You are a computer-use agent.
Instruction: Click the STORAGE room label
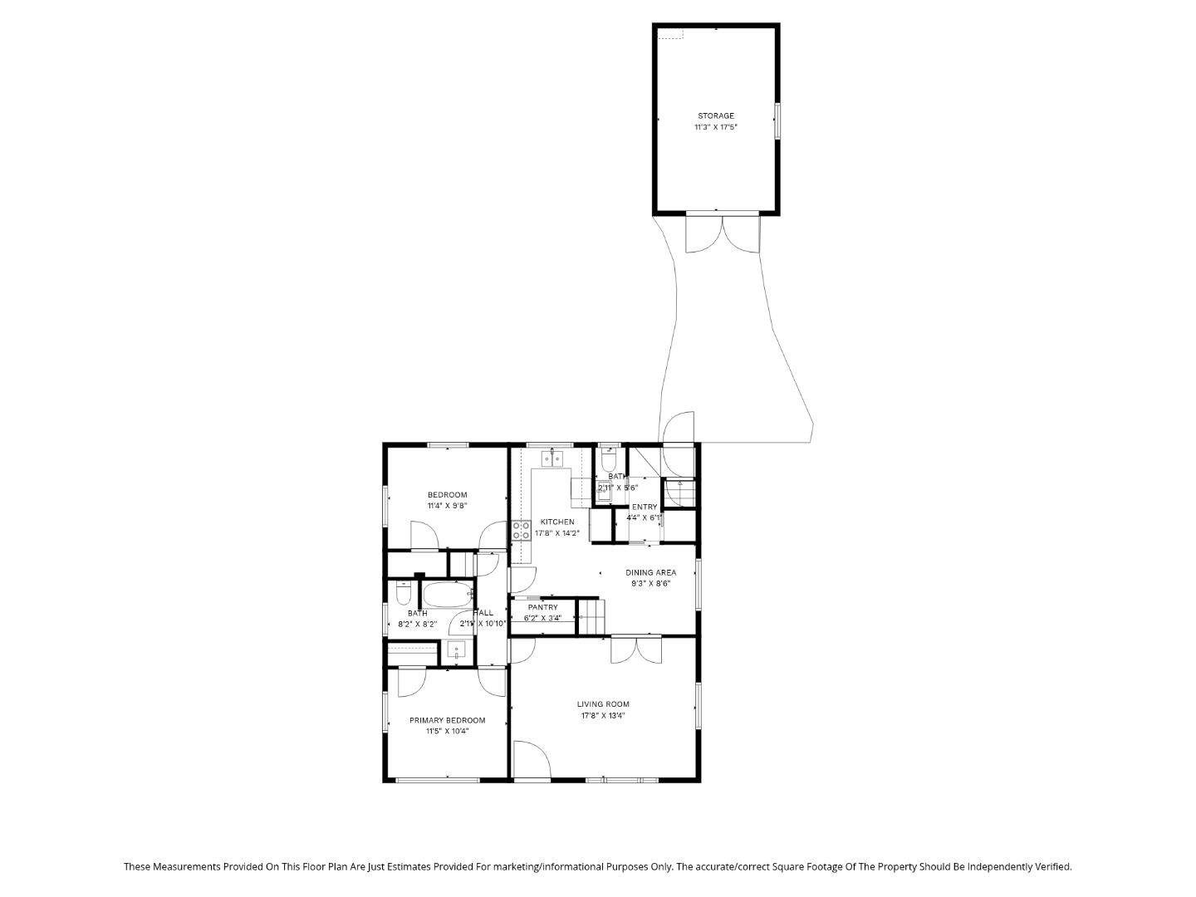[x=715, y=116]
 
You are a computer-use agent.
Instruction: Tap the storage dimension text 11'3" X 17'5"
[x=715, y=128]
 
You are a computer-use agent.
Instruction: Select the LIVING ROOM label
[x=603, y=704]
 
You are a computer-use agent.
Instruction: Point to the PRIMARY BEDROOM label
[x=447, y=720]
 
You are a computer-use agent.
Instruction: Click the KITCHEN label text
[x=557, y=522]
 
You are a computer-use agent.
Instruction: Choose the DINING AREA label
[x=650, y=572]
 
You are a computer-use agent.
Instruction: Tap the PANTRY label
[x=542, y=607]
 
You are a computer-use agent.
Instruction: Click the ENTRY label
[x=645, y=507]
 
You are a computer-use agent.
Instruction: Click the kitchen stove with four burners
[x=522, y=531]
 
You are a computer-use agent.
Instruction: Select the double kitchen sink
[x=552, y=458]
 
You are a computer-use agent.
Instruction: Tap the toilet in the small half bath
[x=608, y=459]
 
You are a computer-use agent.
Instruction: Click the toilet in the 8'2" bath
[x=404, y=594]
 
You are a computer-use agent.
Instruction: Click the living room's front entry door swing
[x=531, y=759]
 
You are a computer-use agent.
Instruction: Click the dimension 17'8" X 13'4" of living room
[x=603, y=715]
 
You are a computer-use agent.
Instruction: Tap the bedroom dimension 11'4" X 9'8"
[x=447, y=506]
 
